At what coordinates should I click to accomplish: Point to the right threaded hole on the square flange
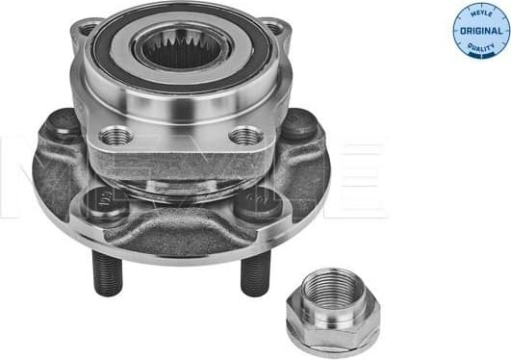(x=246, y=135)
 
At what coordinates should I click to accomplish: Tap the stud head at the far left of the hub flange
(x=64, y=123)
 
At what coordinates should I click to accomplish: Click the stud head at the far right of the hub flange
(x=299, y=124)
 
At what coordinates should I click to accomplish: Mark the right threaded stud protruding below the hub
(x=252, y=277)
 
